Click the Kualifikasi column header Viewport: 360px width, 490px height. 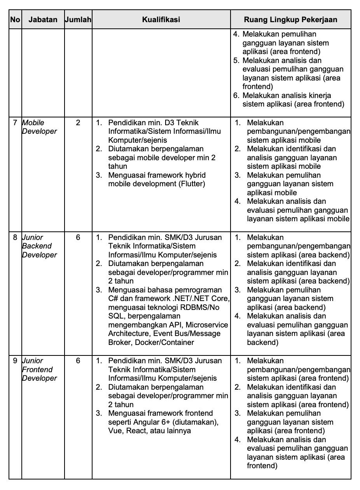pos(161,19)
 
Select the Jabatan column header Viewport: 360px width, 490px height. pos(43,19)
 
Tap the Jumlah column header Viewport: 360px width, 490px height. pos(78,19)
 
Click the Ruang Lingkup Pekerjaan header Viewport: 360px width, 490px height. pos(290,19)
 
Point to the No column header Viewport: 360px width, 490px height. pos(15,19)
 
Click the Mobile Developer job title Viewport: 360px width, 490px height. pos(39,127)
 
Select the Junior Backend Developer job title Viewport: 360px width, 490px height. pos(39,246)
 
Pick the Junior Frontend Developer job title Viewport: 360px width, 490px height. pos(39,369)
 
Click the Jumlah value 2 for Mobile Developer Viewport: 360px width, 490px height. pos(78,123)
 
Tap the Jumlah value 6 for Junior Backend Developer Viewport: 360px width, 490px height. pos(78,237)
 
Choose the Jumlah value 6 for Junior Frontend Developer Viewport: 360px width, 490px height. pos(78,361)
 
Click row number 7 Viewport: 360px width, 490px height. pos(15,123)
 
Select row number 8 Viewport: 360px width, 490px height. pos(15,237)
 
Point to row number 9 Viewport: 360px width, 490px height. pos(15,361)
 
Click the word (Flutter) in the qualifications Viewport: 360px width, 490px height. pos(192,184)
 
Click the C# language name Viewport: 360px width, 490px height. pos(112,299)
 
